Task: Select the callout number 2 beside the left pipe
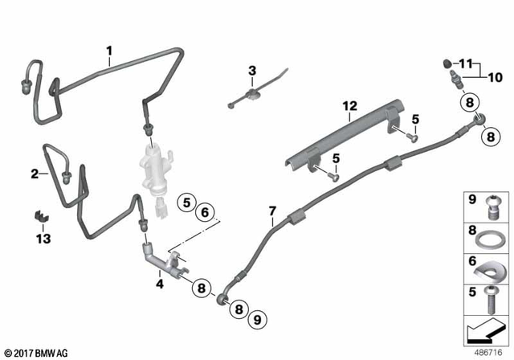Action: point(35,173)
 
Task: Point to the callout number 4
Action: point(159,282)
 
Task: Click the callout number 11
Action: point(467,63)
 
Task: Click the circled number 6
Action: point(205,211)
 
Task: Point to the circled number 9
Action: point(257,318)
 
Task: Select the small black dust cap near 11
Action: point(449,62)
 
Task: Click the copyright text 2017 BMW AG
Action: point(39,353)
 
